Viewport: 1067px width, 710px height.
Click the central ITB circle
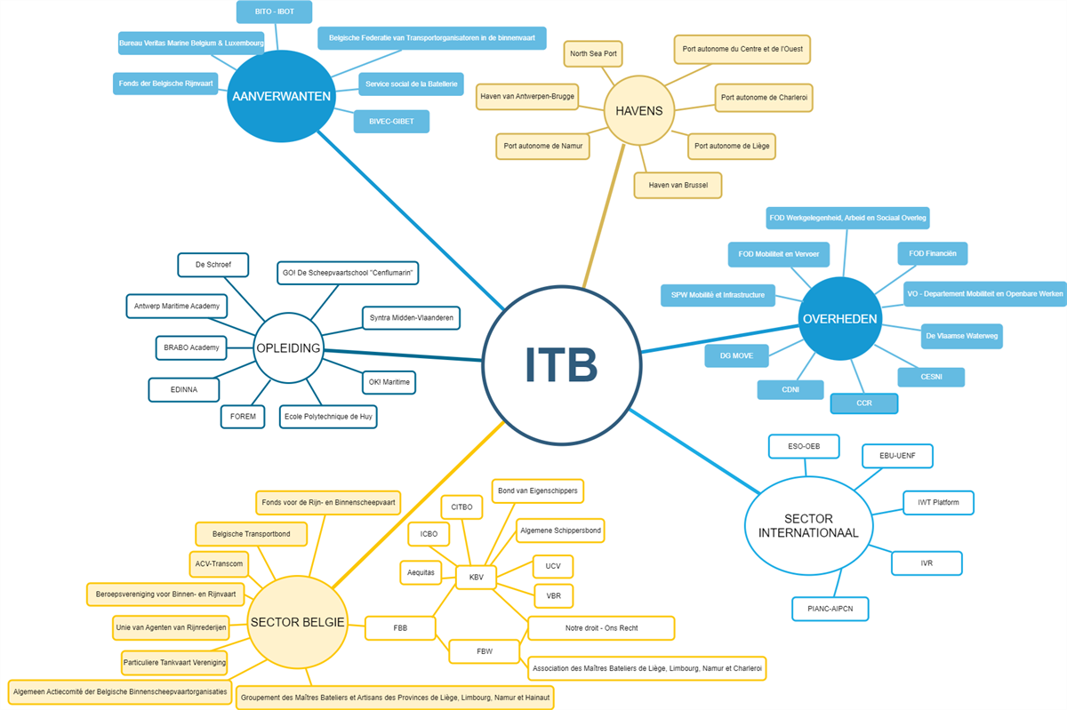click(561, 363)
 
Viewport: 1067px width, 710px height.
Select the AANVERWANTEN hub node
click(280, 97)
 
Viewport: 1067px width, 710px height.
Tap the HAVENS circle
click(638, 111)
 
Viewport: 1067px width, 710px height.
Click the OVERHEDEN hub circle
click(839, 319)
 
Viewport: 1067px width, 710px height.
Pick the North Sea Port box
click(593, 54)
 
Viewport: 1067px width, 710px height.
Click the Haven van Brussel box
click(678, 185)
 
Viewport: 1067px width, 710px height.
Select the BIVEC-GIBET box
click(391, 122)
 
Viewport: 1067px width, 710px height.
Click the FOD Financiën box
click(932, 253)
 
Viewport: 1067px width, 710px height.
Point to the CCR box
click(863, 403)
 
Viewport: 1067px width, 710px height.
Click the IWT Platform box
click(938, 502)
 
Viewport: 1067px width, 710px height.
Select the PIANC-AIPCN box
click(830, 609)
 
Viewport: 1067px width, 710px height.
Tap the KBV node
click(476, 578)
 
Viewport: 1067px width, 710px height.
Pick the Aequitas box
click(421, 572)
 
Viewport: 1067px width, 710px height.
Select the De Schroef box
click(213, 265)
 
